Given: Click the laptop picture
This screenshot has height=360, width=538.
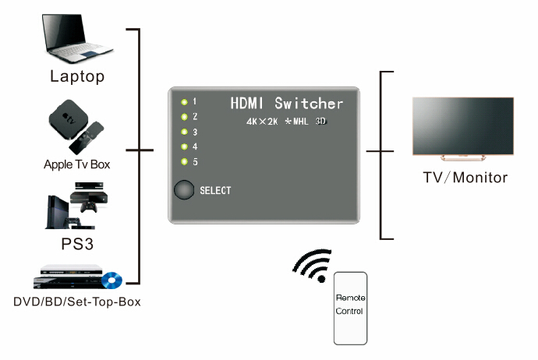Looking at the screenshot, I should pyautogui.click(x=76, y=38).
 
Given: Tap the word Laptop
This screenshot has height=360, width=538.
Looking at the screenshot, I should pyautogui.click(x=77, y=76).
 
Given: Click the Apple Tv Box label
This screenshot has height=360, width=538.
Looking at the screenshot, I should pyautogui.click(x=77, y=164).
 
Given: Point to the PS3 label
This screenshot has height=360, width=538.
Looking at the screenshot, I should pyautogui.click(x=77, y=243).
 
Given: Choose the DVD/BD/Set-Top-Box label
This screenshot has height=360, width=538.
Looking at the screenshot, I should pyautogui.click(x=77, y=302).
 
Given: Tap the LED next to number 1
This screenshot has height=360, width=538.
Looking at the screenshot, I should pyautogui.click(x=184, y=101).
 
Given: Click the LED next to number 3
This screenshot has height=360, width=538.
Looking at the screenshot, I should pyautogui.click(x=184, y=132).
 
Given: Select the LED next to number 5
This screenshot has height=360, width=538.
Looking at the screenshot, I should pyautogui.click(x=184, y=162).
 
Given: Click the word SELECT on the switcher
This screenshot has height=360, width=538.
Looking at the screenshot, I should pyautogui.click(x=215, y=190).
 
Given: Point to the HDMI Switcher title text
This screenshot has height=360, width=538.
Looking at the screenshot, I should pyautogui.click(x=286, y=103).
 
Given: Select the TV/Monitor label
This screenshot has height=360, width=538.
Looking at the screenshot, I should pyautogui.click(x=465, y=178).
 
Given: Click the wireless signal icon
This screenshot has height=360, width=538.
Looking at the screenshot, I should pyautogui.click(x=311, y=266).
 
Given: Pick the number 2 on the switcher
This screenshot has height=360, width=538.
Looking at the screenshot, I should pyautogui.click(x=195, y=116).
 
